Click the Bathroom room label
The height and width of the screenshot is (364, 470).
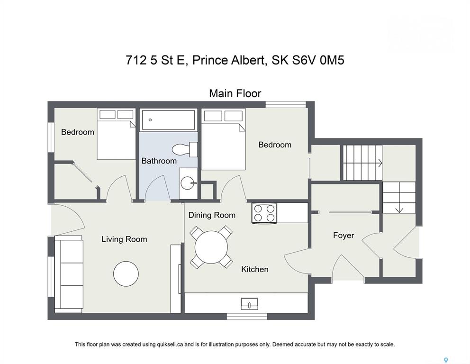click(x=159, y=161)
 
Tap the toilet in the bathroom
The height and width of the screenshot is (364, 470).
click(x=184, y=149)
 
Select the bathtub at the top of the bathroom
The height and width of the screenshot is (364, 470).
click(x=168, y=120)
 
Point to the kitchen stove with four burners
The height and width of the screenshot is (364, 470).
click(x=264, y=213)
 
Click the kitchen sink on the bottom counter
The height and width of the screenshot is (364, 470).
click(x=249, y=304)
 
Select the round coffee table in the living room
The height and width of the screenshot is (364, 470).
click(x=126, y=274)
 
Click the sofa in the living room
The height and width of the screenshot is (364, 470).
click(x=69, y=274)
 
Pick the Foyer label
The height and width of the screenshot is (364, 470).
click(x=343, y=236)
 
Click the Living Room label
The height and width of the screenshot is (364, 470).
click(x=124, y=239)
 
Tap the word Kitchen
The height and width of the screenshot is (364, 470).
click(x=255, y=269)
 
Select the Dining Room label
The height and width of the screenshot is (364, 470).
click(x=212, y=215)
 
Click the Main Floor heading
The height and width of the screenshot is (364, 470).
click(x=235, y=93)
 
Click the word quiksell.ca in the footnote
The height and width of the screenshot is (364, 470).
click(x=170, y=345)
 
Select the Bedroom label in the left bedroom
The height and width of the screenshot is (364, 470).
click(x=78, y=132)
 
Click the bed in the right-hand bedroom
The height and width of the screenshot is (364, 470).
click(x=223, y=139)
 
